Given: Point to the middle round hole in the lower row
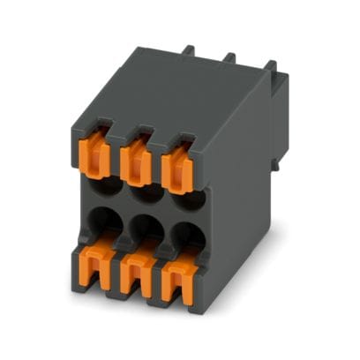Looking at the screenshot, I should [x=145, y=226].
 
